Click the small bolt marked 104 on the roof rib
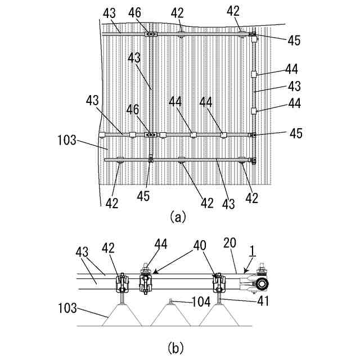coord(170,301)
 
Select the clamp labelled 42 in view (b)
coord(120,282)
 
